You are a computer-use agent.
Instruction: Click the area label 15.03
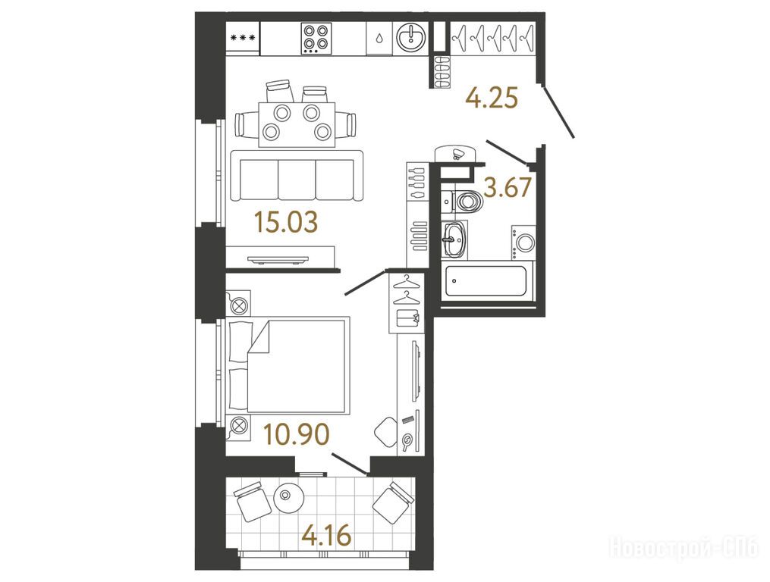pyautogui.click(x=286, y=222)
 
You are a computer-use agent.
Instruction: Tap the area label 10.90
pyautogui.click(x=296, y=434)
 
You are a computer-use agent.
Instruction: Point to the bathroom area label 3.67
pyautogui.click(x=508, y=187)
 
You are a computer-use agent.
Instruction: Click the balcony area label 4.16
pyautogui.click(x=326, y=534)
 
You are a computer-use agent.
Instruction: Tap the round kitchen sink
pyautogui.click(x=411, y=37)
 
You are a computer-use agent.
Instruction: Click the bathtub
pyautogui.click(x=486, y=281)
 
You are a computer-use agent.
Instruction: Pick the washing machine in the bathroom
pyautogui.click(x=523, y=242)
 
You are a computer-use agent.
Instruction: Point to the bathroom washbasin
pyautogui.click(x=454, y=239)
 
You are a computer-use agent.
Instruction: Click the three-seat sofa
pyautogui.click(x=297, y=175)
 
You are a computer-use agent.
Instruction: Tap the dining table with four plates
pyautogui.click(x=297, y=124)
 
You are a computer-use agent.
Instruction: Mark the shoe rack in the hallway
pyautogui.click(x=441, y=72)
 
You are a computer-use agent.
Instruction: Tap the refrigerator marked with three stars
pyautogui.click(x=243, y=39)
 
